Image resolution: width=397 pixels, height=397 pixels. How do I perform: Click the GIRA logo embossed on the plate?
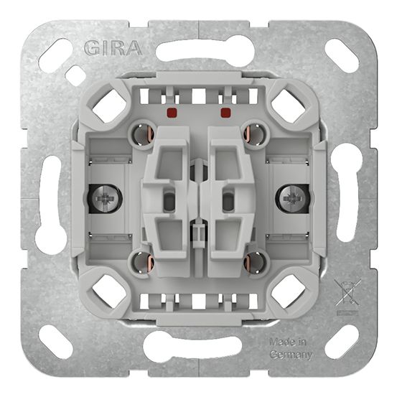click(113, 49)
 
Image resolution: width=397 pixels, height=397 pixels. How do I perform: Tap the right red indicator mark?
click(225, 113)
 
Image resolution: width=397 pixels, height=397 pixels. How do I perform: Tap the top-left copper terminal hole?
click(140, 134)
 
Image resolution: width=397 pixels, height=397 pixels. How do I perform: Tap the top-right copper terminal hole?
click(255, 134)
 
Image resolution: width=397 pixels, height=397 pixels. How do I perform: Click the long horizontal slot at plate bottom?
click(197, 347)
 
